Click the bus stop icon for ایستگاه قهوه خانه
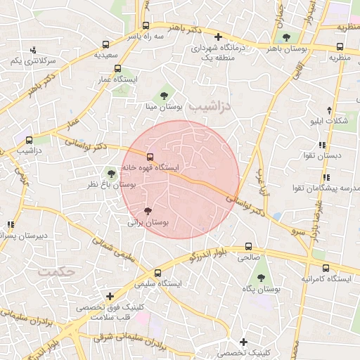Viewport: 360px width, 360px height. point(149,156)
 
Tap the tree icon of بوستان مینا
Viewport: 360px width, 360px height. point(164,94)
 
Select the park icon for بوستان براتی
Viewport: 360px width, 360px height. point(148,210)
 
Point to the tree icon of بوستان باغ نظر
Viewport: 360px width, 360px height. point(110,172)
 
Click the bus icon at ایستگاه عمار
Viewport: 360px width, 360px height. point(117,69)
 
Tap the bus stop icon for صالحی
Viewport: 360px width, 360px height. point(248,247)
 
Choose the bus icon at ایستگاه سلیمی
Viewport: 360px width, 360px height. point(157,272)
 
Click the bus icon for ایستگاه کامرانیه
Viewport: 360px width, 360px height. point(325,268)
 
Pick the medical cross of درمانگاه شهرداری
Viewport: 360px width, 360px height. point(218,37)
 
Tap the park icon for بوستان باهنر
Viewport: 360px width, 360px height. point(285,38)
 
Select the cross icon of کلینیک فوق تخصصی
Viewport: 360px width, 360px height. point(109,297)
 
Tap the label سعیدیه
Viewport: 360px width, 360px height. point(115,54)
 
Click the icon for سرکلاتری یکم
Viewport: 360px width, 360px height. point(33,49)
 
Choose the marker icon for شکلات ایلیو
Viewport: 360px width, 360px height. point(329,110)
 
